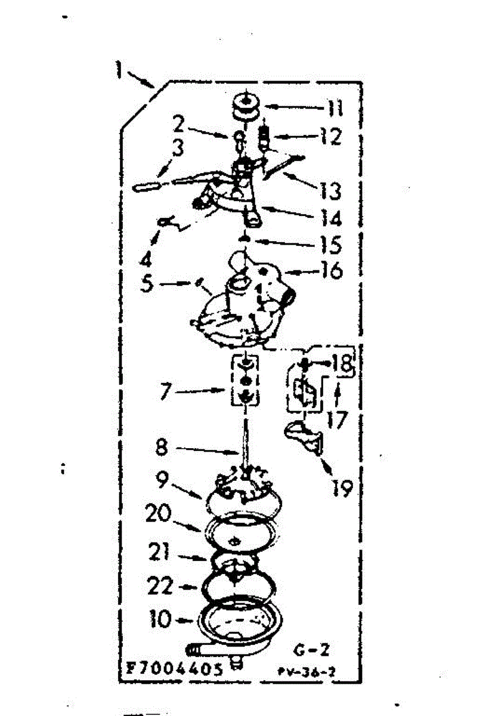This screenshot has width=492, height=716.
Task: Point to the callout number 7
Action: point(165,392)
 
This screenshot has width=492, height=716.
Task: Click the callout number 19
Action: point(344,489)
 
